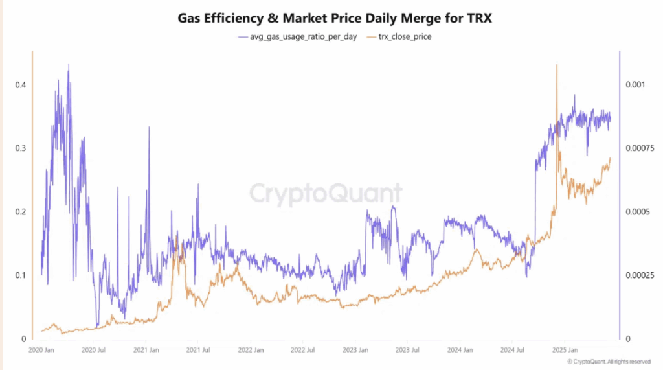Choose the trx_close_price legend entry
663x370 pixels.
pyautogui.click(x=399, y=36)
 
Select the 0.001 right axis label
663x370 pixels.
pyautogui.click(x=635, y=85)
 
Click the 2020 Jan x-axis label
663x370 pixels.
pyautogui.click(x=41, y=351)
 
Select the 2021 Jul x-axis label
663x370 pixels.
pyautogui.click(x=197, y=351)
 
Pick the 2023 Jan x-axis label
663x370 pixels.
pyautogui.click(x=355, y=351)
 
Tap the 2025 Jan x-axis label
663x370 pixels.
pyautogui.click(x=564, y=351)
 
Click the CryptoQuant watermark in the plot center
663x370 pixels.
pyautogui.click(x=326, y=192)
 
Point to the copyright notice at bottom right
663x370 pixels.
pyautogui.click(x=609, y=362)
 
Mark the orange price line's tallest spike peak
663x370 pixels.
pyautogui.click(x=556, y=65)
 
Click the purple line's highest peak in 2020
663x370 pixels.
pyautogui.click(x=69, y=65)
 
